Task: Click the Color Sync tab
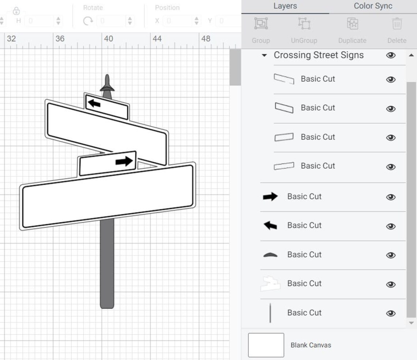[x=373, y=6]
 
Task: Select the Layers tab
[x=285, y=6]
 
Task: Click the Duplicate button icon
[x=352, y=24]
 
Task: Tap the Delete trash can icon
[x=397, y=24]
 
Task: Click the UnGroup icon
[x=304, y=24]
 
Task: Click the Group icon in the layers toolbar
[x=260, y=24]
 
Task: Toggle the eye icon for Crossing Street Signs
[x=391, y=55]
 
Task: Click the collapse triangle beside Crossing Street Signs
[x=264, y=56]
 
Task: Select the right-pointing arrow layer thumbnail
[x=270, y=197]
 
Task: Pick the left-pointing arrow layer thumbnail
[x=270, y=226]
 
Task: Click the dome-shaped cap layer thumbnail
[x=270, y=255]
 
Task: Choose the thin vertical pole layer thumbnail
[x=270, y=313]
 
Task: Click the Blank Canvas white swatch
[x=266, y=345]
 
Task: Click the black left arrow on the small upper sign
[x=94, y=104]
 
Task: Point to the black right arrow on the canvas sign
[x=124, y=161]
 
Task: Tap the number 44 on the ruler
[x=157, y=39]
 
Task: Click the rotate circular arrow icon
[x=88, y=21]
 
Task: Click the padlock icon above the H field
[x=16, y=11]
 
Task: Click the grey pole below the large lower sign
[x=107, y=263]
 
